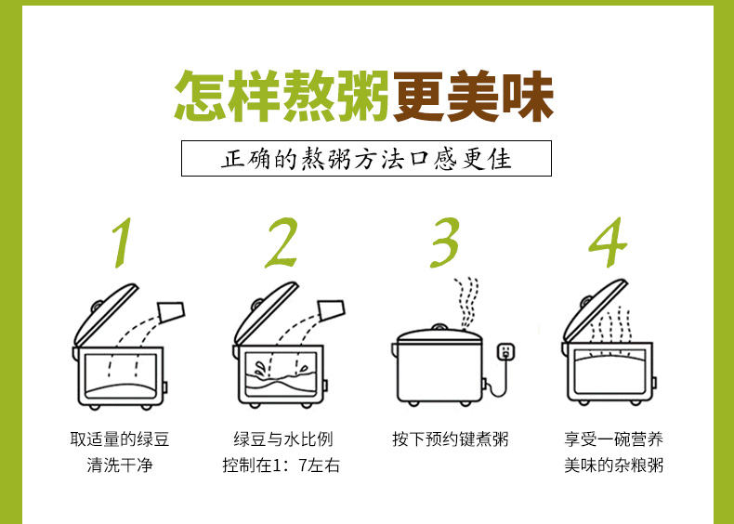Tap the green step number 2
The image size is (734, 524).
pyautogui.click(x=282, y=242)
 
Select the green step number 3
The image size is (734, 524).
pyautogui.click(x=445, y=242)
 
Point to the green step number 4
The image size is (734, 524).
pyautogui.click(x=608, y=242)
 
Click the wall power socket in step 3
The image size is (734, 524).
pyautogui.click(x=505, y=351)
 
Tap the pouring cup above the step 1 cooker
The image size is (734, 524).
pyautogui.click(x=172, y=311)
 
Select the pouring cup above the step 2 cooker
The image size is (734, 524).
pyautogui.click(x=332, y=310)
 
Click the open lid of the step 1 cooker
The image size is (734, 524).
pyautogui.click(x=105, y=315)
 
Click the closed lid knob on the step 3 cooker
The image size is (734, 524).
pyautogui.click(x=439, y=327)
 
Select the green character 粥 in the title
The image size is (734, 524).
pyautogui.click(x=362, y=97)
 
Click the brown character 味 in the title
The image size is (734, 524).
pyautogui.click(x=528, y=97)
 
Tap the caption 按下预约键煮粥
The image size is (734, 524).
pyautogui.click(x=451, y=439)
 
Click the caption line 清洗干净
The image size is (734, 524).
pyautogui.click(x=120, y=465)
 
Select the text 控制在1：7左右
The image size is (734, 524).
pyautogui.click(x=282, y=465)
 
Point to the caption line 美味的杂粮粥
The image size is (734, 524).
pyautogui.click(x=614, y=465)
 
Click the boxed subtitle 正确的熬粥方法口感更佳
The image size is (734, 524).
pyautogui.click(x=366, y=159)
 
